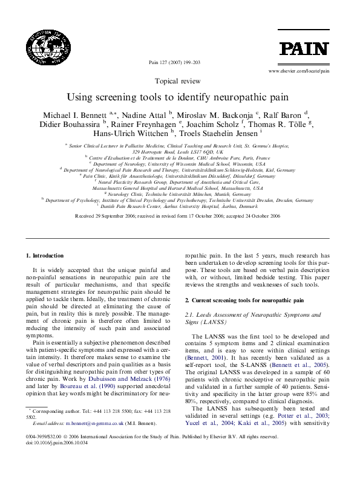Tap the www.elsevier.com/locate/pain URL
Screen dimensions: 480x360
(x=298, y=71)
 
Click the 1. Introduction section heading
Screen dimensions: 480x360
(x=45, y=256)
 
